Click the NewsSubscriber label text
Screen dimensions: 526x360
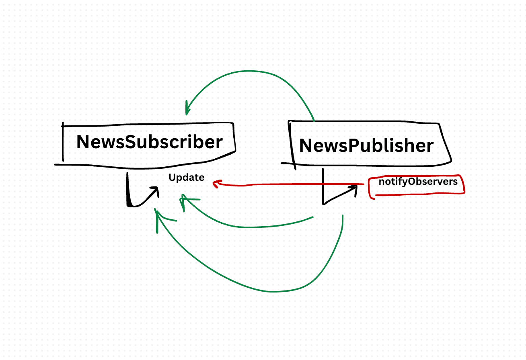pyautogui.click(x=150, y=142)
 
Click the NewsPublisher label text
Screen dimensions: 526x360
pyautogui.click(x=366, y=146)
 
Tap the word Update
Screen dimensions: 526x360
pyautogui.click(x=187, y=178)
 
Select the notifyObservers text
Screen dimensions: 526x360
pyautogui.click(x=418, y=182)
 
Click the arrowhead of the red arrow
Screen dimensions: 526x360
pyautogui.click(x=216, y=183)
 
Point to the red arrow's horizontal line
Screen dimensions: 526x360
pyautogui.click(x=289, y=184)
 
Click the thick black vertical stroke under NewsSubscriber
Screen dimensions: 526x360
pyautogui.click(x=128, y=190)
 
